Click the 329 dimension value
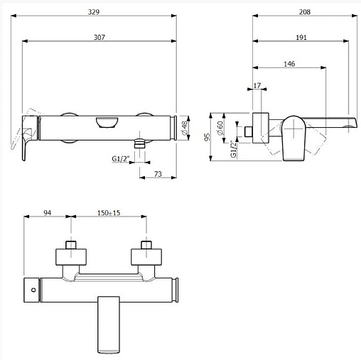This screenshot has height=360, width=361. (94, 12)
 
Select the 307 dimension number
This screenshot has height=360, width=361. (99, 38)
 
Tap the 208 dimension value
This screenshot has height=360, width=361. (305, 12)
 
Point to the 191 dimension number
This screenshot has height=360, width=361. (301, 38)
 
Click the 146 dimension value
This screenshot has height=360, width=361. (289, 64)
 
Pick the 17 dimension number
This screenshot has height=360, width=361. (257, 85)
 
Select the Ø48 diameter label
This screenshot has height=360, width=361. (184, 128)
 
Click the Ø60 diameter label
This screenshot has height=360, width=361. (220, 128)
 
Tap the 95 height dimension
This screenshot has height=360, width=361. (207, 137)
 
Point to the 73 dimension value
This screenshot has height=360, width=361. (158, 174)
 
